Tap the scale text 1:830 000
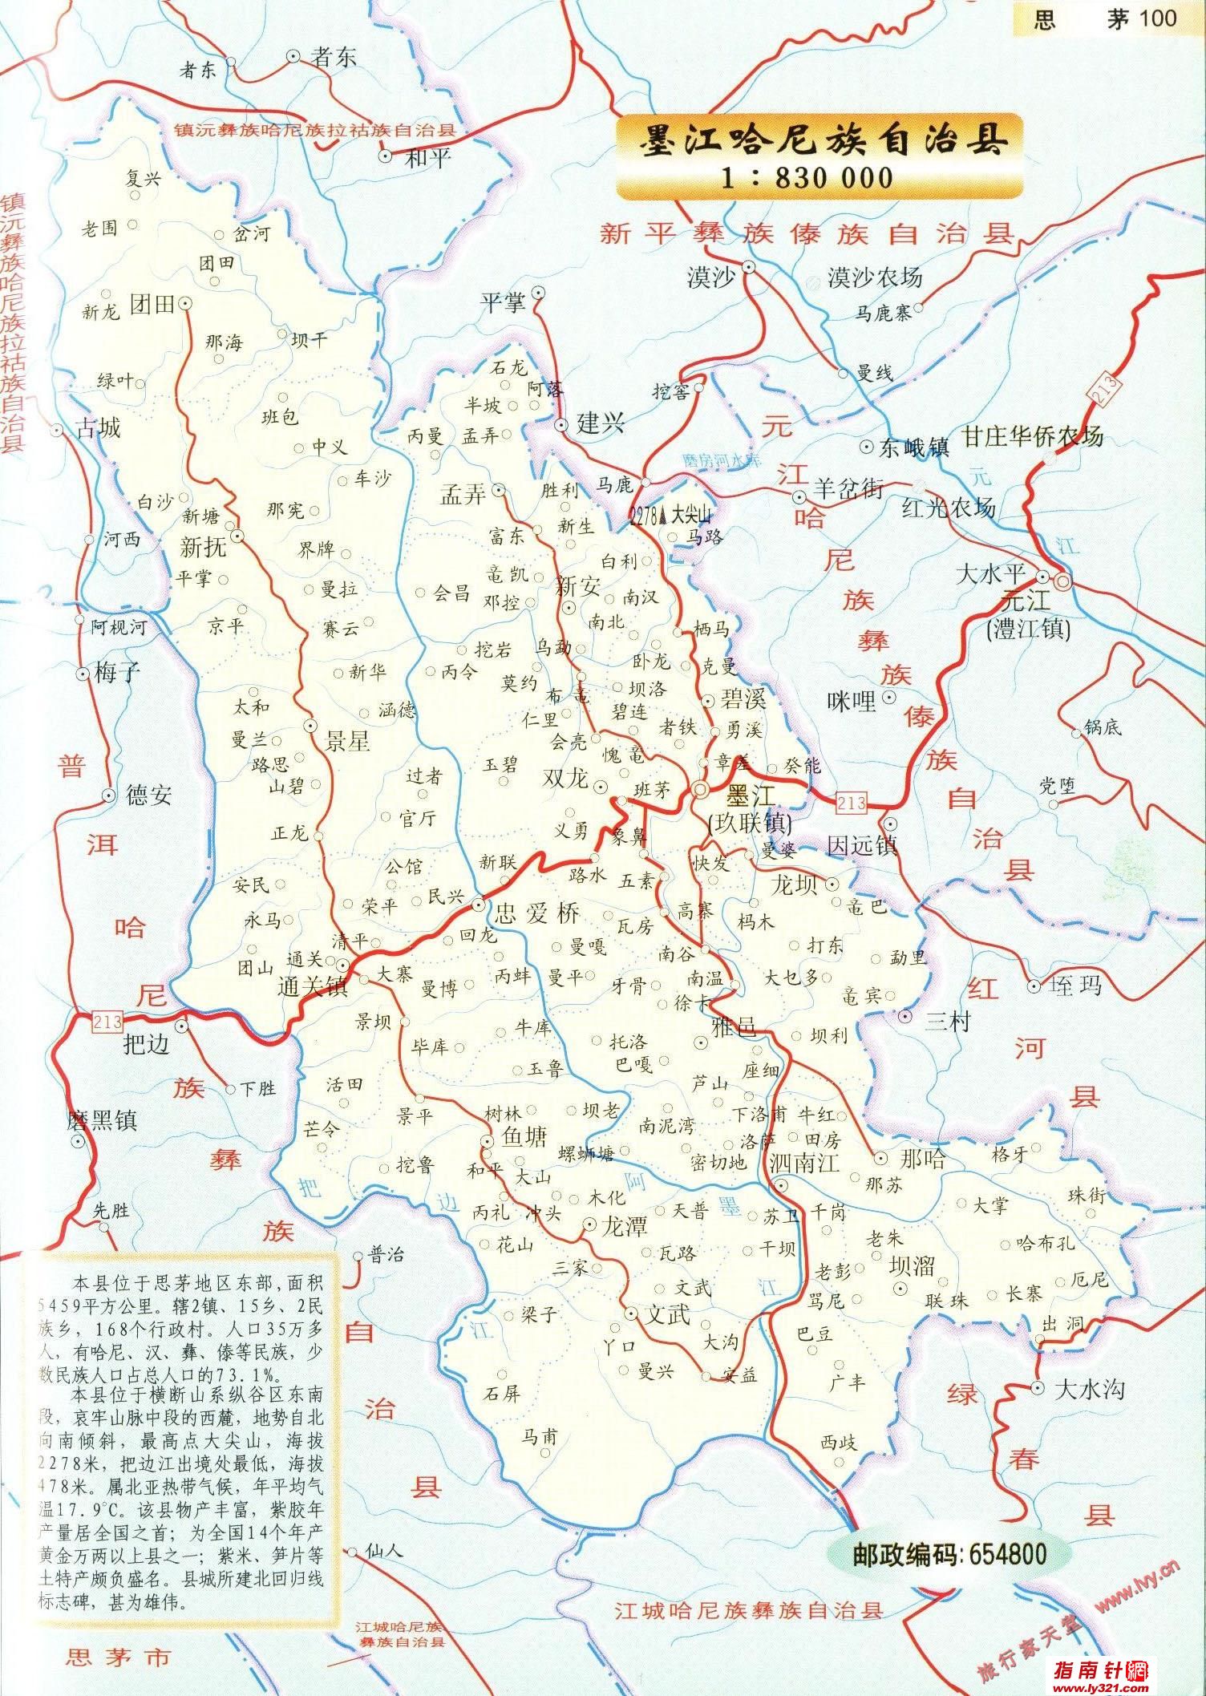[x=807, y=177]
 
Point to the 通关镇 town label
[x=313, y=986]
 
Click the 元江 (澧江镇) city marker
[x=1063, y=578]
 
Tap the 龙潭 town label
[x=625, y=1226]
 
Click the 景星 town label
[x=346, y=741]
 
